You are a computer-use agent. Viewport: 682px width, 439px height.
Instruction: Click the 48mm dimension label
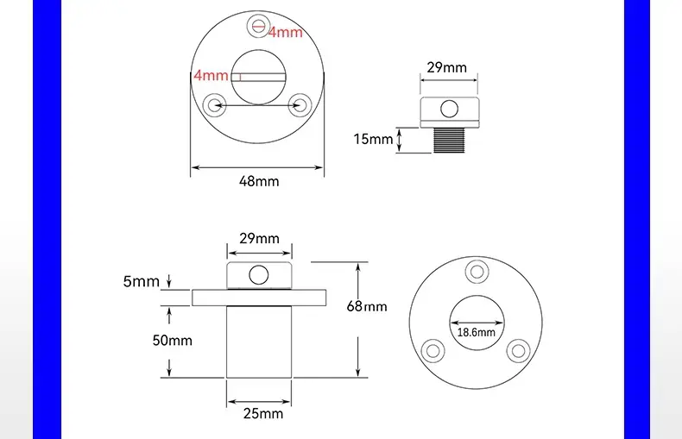259,181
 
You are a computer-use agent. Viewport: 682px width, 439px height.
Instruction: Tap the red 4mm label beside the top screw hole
286,32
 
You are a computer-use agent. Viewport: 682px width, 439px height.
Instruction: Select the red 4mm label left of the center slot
211,75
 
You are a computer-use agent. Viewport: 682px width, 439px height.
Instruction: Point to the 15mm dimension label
373,139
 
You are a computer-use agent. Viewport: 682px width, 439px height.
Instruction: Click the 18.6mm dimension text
477,333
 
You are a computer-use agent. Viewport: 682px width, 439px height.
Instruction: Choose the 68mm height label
367,306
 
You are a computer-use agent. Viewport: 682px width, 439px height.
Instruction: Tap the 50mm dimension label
173,340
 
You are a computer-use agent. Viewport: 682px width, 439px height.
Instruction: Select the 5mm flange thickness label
142,282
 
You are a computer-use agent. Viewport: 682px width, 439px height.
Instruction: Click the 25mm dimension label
263,413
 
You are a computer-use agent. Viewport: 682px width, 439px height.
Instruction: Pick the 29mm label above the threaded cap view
446,67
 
